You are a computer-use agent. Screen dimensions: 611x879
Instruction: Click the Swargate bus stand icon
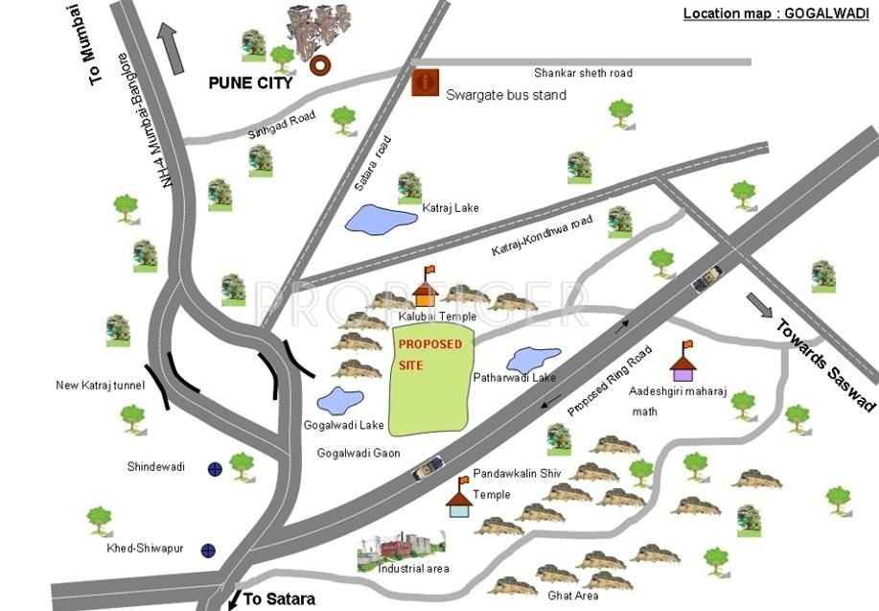click(x=424, y=83)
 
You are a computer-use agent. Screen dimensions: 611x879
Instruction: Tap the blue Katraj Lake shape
click(x=380, y=219)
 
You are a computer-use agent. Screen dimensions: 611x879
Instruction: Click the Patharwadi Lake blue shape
click(x=533, y=360)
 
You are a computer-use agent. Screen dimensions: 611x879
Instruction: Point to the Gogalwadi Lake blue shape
click(x=340, y=400)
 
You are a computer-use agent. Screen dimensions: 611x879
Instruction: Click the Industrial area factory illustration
click(x=401, y=547)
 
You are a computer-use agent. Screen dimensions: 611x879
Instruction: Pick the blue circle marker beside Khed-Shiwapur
click(x=208, y=551)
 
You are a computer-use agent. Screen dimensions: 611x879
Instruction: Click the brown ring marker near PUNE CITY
click(x=320, y=65)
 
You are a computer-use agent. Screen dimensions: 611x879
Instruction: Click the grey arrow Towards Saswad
click(x=758, y=305)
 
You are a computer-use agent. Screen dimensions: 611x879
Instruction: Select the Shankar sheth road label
click(x=583, y=73)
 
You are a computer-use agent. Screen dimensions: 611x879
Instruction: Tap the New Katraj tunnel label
click(x=100, y=386)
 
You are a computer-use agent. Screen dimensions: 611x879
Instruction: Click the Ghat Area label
click(x=573, y=596)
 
